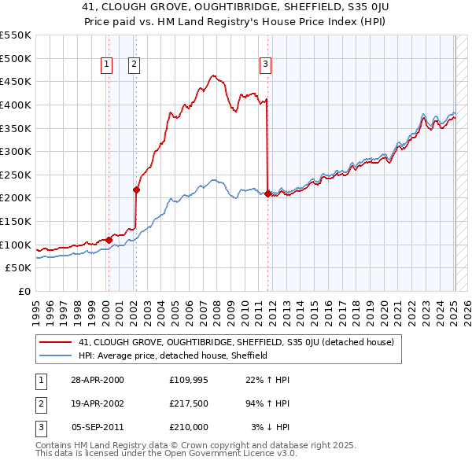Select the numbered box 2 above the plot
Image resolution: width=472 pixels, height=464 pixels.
tap(135, 64)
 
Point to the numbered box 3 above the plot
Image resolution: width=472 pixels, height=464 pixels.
tap(266, 64)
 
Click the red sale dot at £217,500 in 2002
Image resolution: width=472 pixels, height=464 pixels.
tap(136, 189)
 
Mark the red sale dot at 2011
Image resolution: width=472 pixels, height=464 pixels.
tap(267, 193)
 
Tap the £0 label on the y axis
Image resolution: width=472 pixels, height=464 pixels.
tap(24, 292)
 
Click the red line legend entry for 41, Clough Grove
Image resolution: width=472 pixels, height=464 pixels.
tap(241, 342)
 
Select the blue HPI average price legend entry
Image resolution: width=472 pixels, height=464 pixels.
tap(173, 355)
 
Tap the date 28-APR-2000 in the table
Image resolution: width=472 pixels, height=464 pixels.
tap(98, 380)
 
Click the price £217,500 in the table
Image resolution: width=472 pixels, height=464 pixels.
tap(189, 403)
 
